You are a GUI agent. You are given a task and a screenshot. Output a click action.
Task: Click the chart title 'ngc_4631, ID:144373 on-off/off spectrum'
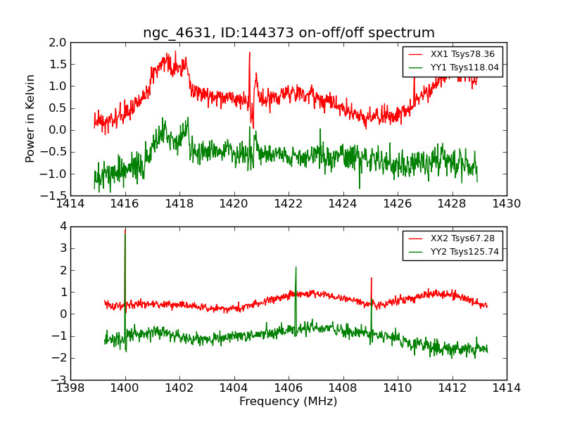click(x=289, y=33)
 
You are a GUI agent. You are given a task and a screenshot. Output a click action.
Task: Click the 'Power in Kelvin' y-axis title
click(x=31, y=118)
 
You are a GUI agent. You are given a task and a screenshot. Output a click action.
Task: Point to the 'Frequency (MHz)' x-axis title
click(x=289, y=402)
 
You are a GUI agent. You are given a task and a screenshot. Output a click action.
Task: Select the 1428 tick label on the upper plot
click(x=452, y=204)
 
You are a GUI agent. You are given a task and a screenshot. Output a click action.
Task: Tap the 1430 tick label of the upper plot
click(x=507, y=204)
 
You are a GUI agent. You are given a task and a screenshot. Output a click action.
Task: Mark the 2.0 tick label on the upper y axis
click(x=58, y=42)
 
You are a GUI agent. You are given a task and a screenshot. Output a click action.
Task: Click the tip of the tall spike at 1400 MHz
click(x=125, y=230)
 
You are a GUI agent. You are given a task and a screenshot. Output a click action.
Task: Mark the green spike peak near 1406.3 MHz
click(x=296, y=267)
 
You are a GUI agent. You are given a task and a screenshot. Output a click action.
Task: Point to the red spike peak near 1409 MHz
click(x=371, y=278)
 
